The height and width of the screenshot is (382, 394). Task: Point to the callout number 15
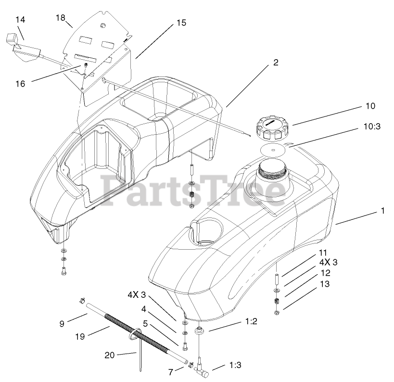[181, 23]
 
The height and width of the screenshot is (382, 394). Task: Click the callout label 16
[20, 84]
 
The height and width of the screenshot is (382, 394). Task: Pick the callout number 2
[276, 62]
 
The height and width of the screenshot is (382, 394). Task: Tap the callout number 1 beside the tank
[382, 210]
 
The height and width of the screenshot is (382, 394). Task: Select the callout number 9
[62, 324]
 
